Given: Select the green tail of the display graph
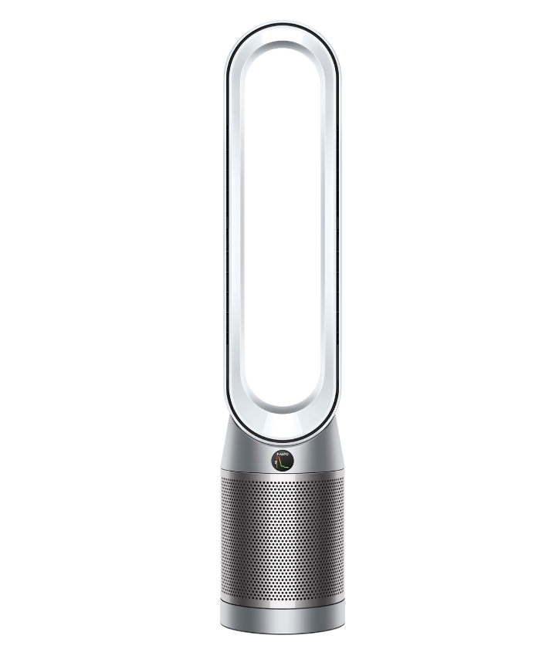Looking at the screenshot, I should pos(286,466).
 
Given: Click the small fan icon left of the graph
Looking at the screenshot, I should pos(276,462).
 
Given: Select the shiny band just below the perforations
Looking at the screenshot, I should pos(281,598).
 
